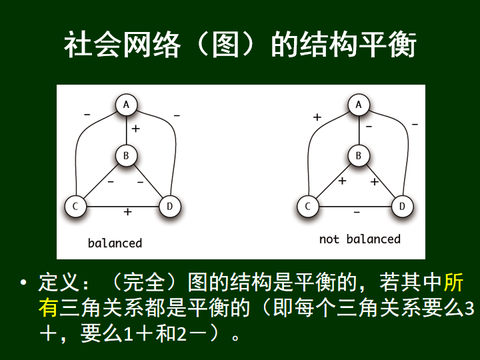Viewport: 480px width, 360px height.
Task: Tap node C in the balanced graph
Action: tap(76, 206)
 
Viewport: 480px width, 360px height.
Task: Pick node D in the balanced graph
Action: tap(169, 206)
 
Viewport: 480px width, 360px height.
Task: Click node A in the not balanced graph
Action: tap(359, 105)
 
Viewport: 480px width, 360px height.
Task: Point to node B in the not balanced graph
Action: tap(359, 157)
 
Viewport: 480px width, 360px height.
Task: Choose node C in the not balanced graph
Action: tap(308, 206)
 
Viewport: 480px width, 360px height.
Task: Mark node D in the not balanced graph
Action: tap(402, 206)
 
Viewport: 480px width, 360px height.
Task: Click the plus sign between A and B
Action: tap(135, 128)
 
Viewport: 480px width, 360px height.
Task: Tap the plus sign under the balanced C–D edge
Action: tap(127, 212)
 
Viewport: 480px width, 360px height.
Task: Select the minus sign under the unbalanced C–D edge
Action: tap(357, 212)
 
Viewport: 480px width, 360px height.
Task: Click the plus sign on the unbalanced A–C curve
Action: tap(317, 117)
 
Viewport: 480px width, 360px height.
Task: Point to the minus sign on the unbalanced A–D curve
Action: tap(415, 124)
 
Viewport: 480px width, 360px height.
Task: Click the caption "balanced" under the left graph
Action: tap(115, 243)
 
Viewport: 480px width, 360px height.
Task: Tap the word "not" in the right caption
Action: tap(329, 239)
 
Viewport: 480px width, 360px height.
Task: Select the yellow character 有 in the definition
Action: tap(49, 307)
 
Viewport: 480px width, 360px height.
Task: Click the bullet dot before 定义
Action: tap(25, 283)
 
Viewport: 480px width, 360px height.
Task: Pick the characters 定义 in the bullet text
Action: tap(59, 282)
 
